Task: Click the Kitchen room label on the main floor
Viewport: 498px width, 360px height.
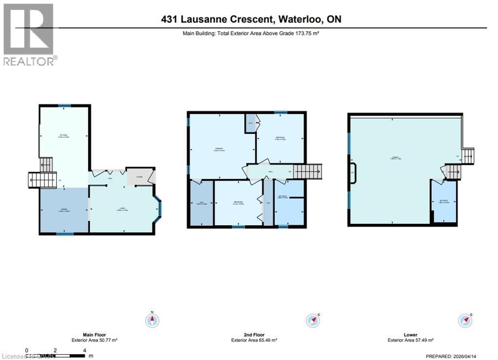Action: tap(63, 136)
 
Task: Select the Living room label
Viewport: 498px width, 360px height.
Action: tap(121, 210)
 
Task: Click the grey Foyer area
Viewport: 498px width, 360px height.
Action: tap(139, 178)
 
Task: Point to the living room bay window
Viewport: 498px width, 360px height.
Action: tap(159, 209)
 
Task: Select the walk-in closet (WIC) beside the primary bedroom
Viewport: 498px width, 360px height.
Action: tap(201, 203)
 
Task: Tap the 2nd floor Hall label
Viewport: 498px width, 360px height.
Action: tap(269, 172)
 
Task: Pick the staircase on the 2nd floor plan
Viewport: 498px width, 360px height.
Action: tap(308, 171)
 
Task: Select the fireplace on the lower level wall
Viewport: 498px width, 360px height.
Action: tap(352, 172)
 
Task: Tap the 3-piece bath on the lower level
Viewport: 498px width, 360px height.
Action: tap(444, 200)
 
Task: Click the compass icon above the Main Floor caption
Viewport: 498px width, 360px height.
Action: tap(152, 320)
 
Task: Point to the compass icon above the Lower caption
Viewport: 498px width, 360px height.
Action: tap(465, 321)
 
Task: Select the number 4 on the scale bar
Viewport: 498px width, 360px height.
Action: tap(85, 350)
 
